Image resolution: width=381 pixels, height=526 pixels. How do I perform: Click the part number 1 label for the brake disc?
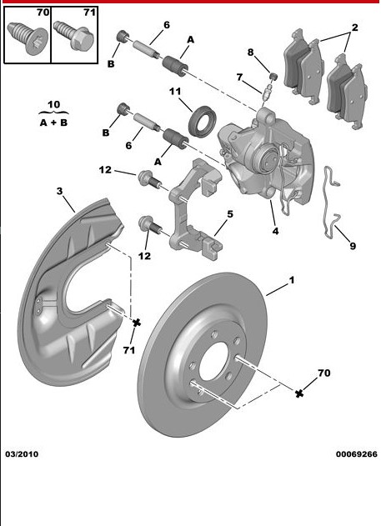pos(291,283)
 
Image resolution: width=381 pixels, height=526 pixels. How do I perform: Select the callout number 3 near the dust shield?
pos(59,192)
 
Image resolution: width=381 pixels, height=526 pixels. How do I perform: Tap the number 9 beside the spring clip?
pos(352,246)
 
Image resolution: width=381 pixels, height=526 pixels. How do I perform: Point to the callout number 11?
pos(176,91)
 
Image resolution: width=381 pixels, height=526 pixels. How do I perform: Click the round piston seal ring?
pos(200,119)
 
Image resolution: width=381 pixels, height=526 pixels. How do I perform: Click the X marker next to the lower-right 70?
pos(299,392)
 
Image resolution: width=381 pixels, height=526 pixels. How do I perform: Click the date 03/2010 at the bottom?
pos(22,454)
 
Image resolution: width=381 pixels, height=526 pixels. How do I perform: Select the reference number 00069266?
pos(356,454)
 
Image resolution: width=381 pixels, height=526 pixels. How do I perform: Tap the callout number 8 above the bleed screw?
pos(249,53)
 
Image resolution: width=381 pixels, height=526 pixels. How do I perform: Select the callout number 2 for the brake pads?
pos(353,28)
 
